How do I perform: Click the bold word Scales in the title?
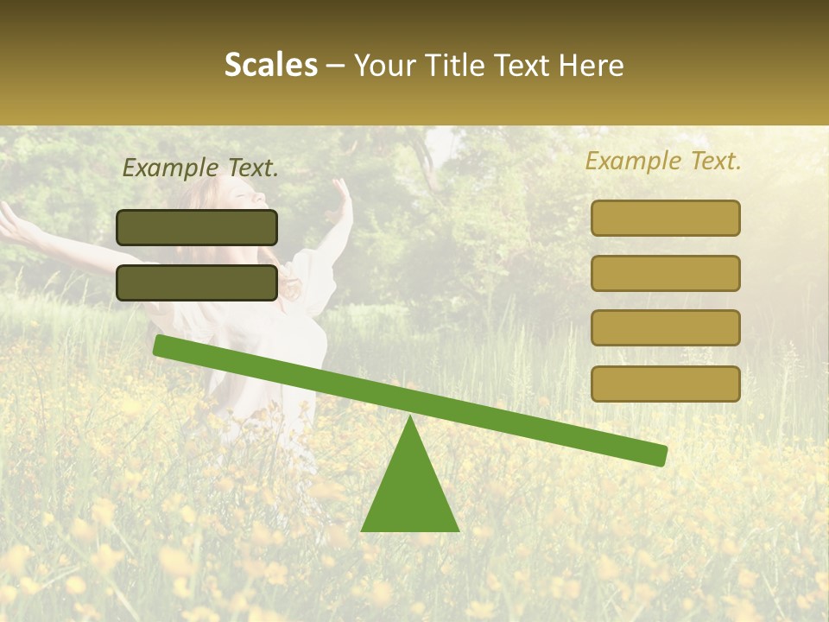tap(270, 65)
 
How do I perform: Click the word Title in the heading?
tap(452, 65)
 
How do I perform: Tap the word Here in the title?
tap(590, 65)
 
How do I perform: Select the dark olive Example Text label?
tap(200, 168)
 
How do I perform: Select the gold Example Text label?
tap(663, 161)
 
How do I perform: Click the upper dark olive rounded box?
tap(197, 227)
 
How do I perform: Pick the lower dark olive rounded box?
tap(197, 282)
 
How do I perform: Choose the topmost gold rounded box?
tap(665, 218)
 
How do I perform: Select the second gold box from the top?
tap(665, 273)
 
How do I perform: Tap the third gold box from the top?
tap(665, 328)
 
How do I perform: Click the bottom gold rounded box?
tap(665, 384)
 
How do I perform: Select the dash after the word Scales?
tap(336, 65)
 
